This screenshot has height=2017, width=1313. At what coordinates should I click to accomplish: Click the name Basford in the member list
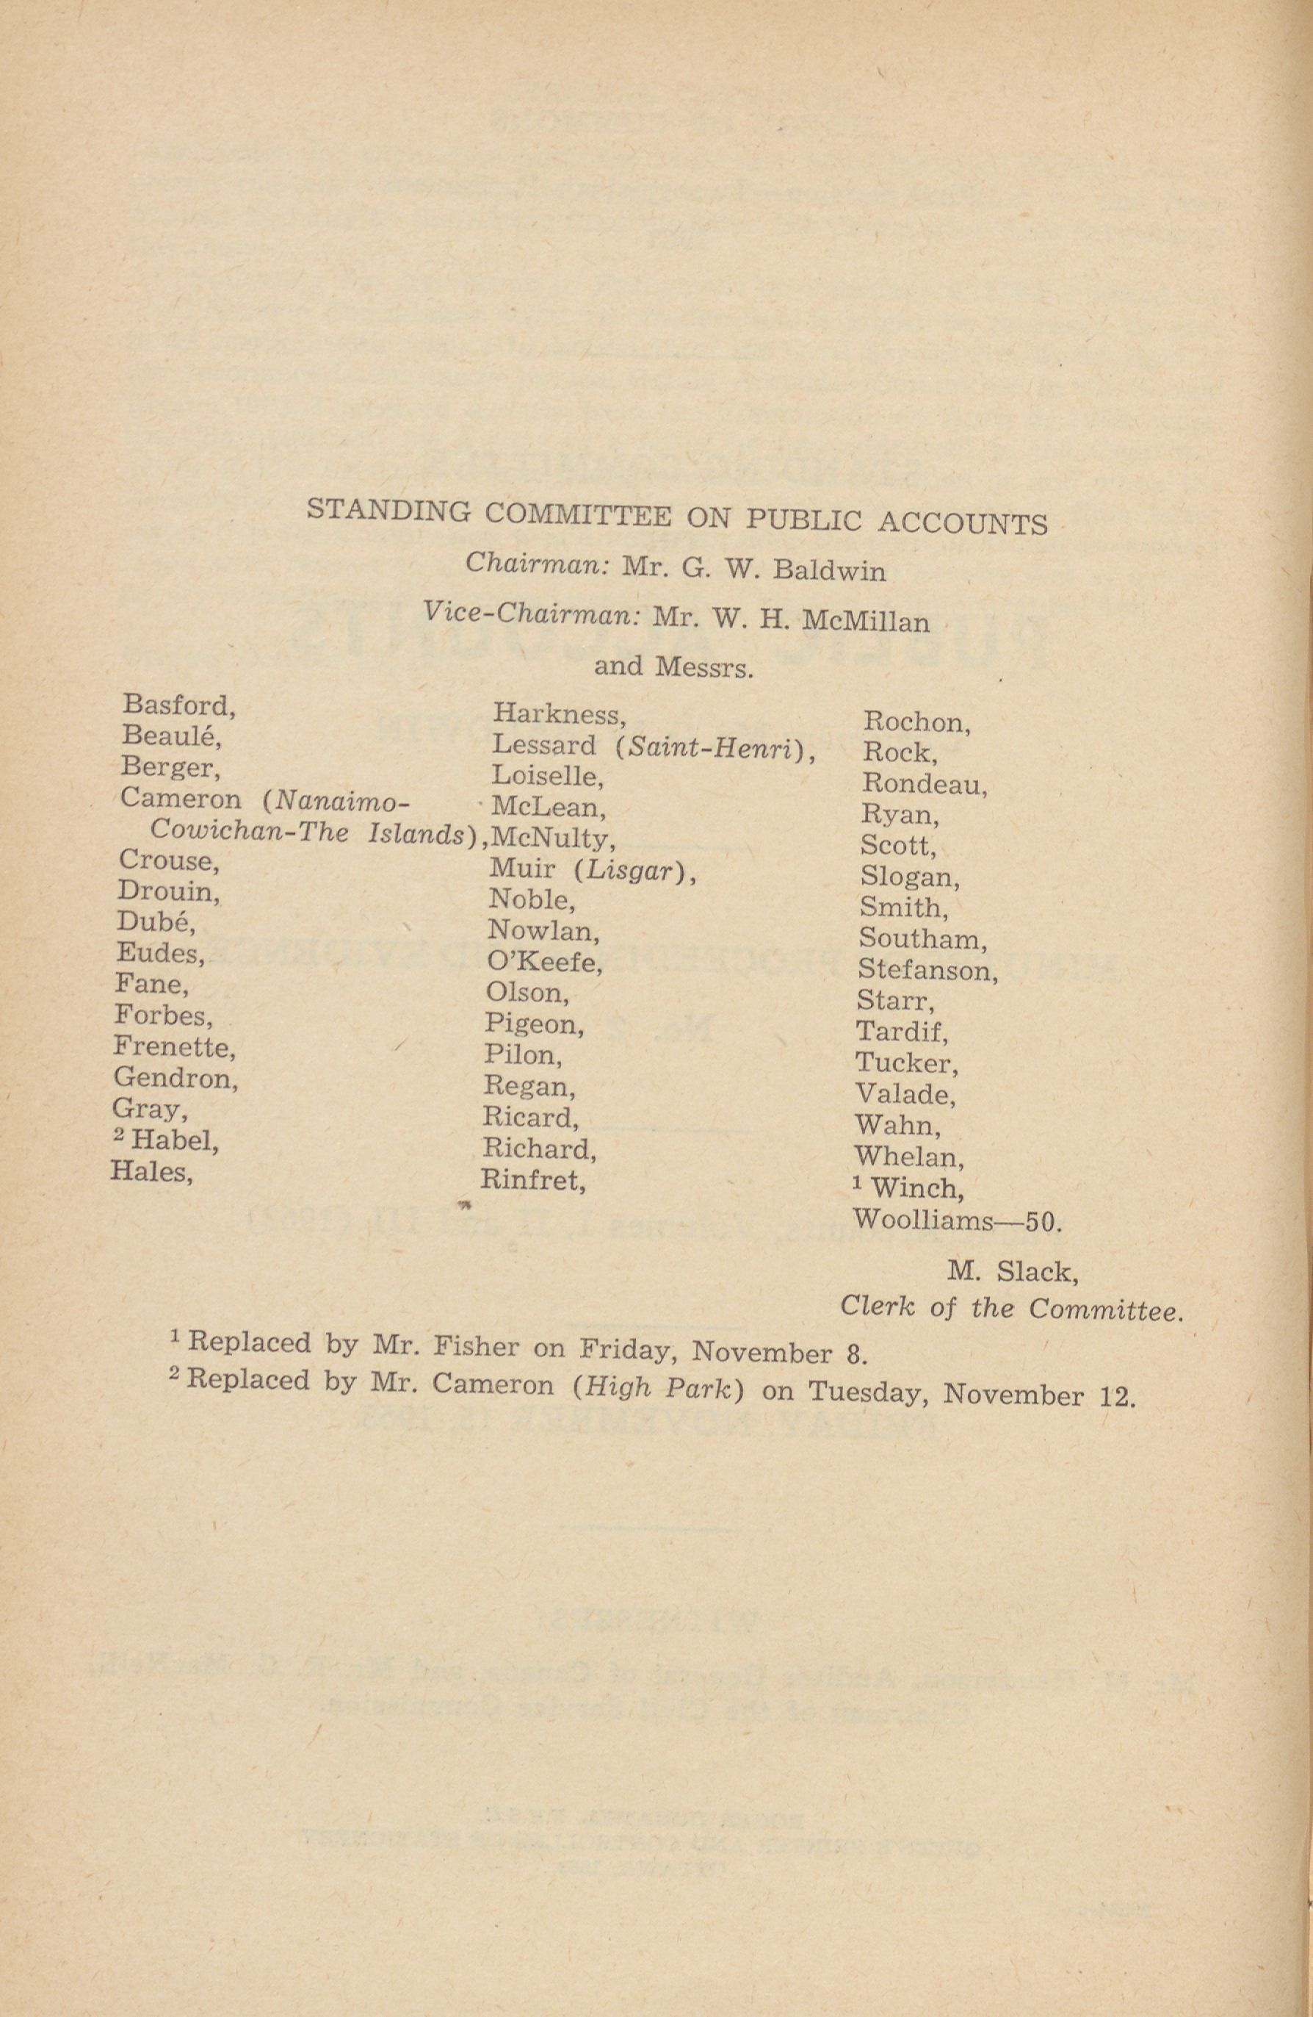coord(176,705)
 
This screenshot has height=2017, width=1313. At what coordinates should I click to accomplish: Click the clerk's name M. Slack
coord(1013,1271)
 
